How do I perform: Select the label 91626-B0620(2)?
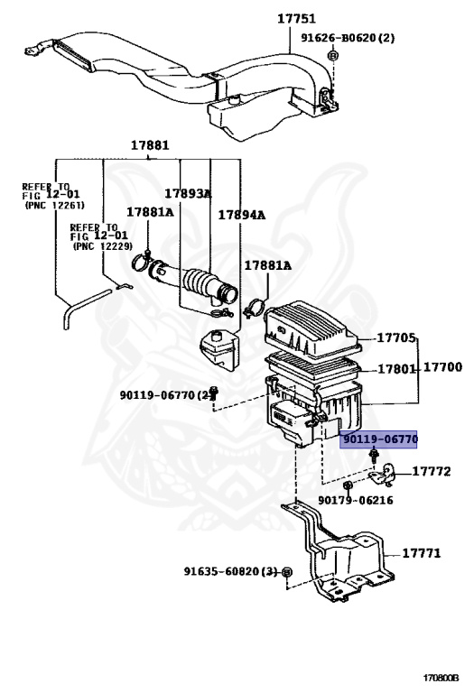pyautogui.click(x=342, y=40)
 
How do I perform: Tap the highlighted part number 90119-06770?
pyautogui.click(x=378, y=439)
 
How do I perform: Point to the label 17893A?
pyautogui.click(x=188, y=193)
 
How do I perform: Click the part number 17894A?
pyautogui.click(x=241, y=215)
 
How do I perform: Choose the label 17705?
pyautogui.click(x=396, y=338)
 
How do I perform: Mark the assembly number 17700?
pyautogui.click(x=442, y=367)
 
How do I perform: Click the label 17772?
pyautogui.click(x=432, y=471)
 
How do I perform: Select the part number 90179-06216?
pyautogui.click(x=356, y=500)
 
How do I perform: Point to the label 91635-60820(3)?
pyautogui.click(x=230, y=572)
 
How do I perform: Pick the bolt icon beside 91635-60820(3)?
pyautogui.click(x=286, y=573)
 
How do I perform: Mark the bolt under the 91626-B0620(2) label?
pyautogui.click(x=332, y=57)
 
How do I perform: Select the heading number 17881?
pyautogui.click(x=149, y=145)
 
